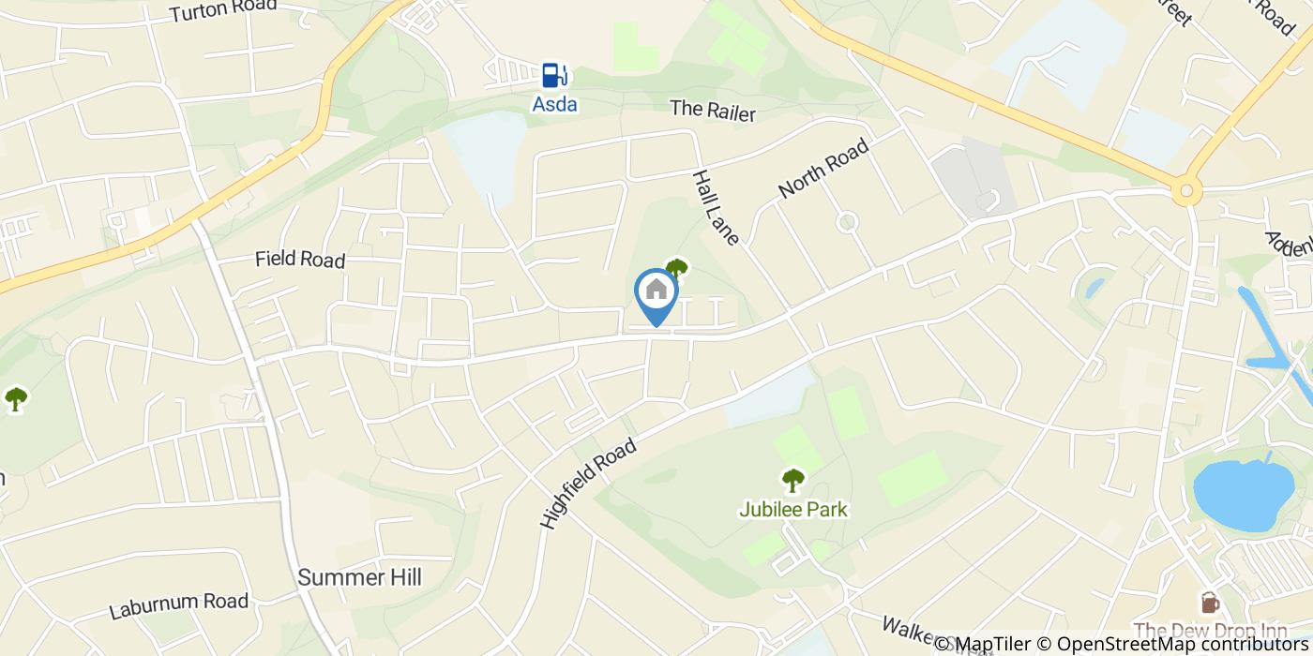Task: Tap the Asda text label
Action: point(555,104)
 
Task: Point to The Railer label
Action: point(713,110)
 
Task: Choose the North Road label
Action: point(823,169)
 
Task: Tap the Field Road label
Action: point(300,260)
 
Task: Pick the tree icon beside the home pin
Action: point(676,269)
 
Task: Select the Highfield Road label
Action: point(589,484)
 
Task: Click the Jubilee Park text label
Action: point(793,510)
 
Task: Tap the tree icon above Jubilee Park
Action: point(793,481)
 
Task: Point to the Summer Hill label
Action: point(360,577)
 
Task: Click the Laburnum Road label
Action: point(179,605)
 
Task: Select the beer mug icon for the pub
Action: point(1210,602)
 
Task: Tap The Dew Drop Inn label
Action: point(1210,630)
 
